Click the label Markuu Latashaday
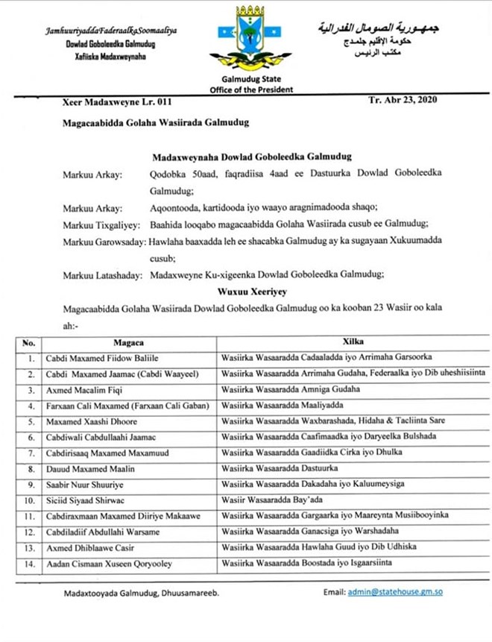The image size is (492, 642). click(x=103, y=275)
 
